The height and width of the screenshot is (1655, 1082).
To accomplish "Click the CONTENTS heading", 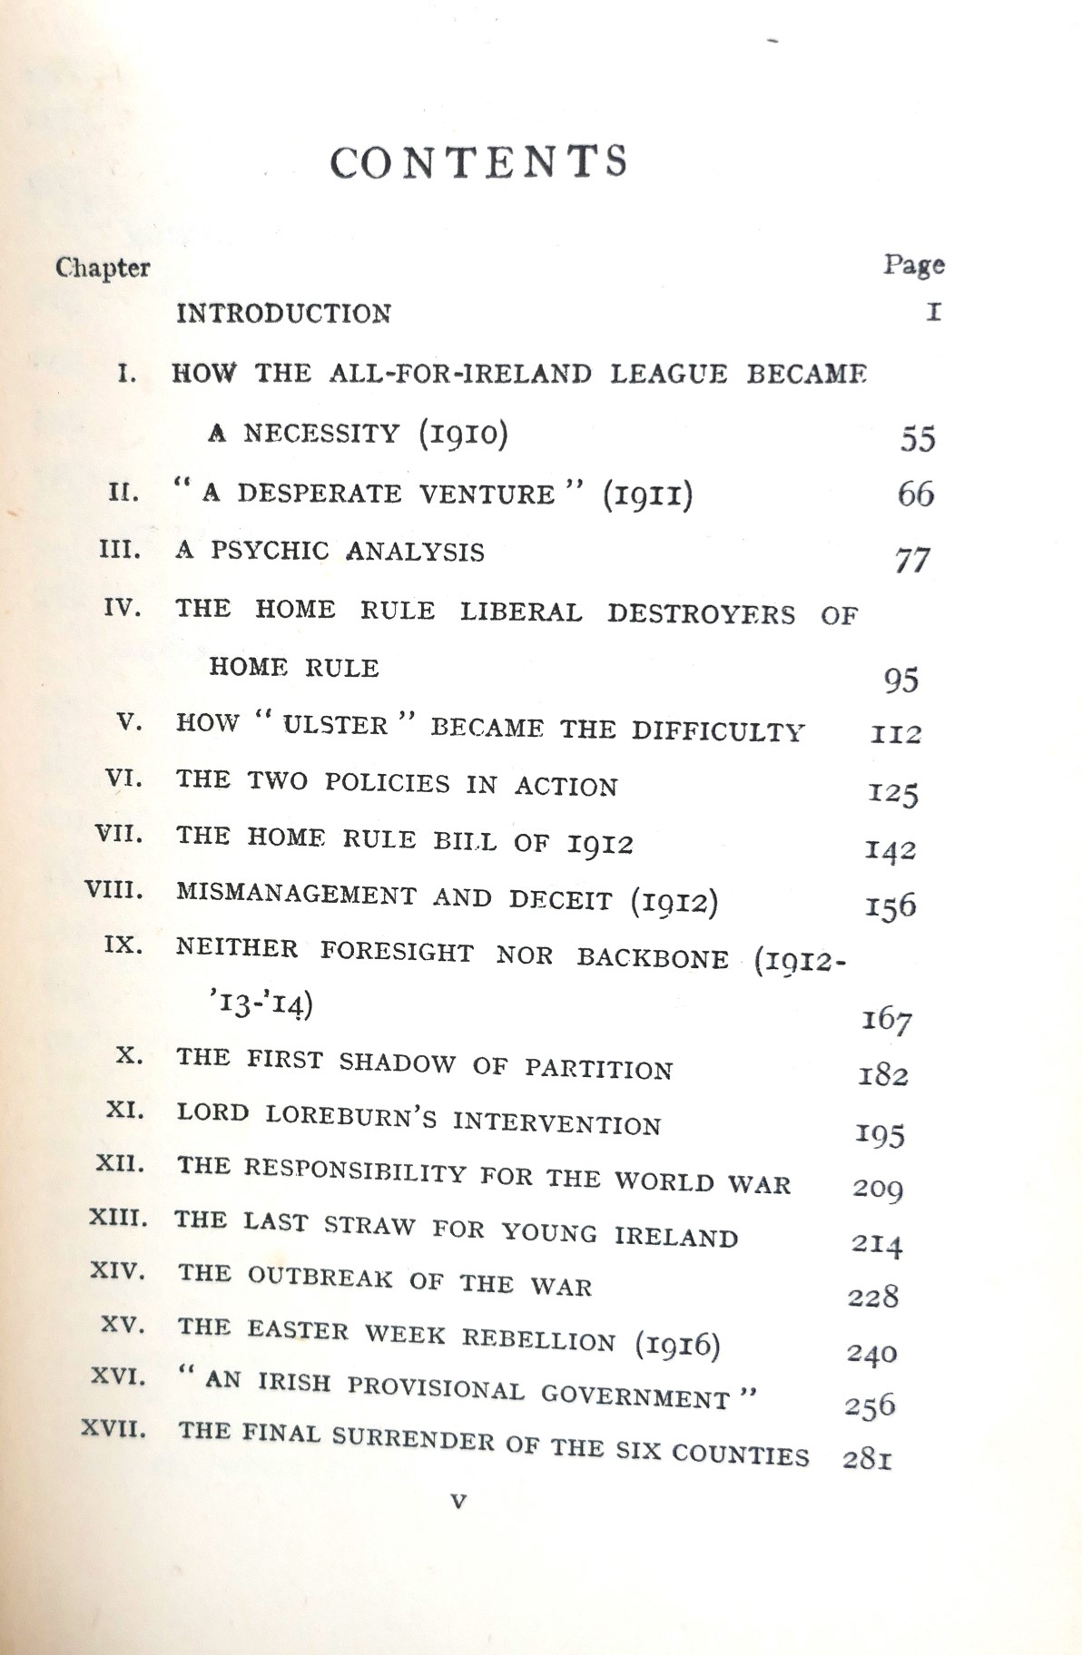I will (x=478, y=162).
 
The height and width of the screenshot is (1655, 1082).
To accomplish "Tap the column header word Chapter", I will (x=103, y=268).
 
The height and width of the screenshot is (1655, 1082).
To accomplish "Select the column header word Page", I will (x=913, y=264).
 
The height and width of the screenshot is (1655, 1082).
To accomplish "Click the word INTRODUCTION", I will (x=283, y=314).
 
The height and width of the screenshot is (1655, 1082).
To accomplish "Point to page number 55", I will (x=918, y=439).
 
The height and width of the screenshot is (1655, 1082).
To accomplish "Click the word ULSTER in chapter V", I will (x=336, y=725).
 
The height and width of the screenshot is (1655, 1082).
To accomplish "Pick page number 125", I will (x=892, y=793).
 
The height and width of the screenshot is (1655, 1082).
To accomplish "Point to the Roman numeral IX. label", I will (x=124, y=945).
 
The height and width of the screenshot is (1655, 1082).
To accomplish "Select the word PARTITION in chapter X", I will (x=598, y=1068).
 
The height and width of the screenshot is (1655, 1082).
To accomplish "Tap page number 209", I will (x=877, y=1189).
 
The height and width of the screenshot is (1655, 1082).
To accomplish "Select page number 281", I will (x=866, y=1459).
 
